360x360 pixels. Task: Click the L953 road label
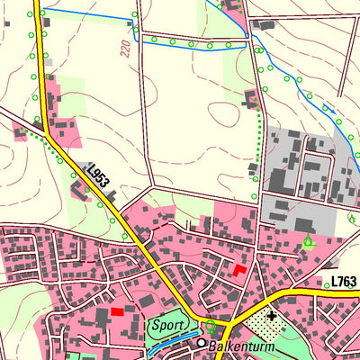[x=98, y=175]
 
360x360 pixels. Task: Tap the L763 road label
[x=345, y=282]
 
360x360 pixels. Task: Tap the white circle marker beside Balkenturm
[x=202, y=343]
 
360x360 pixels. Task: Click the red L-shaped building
[x=238, y=269]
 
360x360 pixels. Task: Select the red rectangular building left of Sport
[x=117, y=312]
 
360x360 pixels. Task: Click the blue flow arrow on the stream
[x=329, y=112]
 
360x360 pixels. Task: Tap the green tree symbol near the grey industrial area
[x=310, y=239]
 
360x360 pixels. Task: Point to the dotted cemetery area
[x=265, y=327]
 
